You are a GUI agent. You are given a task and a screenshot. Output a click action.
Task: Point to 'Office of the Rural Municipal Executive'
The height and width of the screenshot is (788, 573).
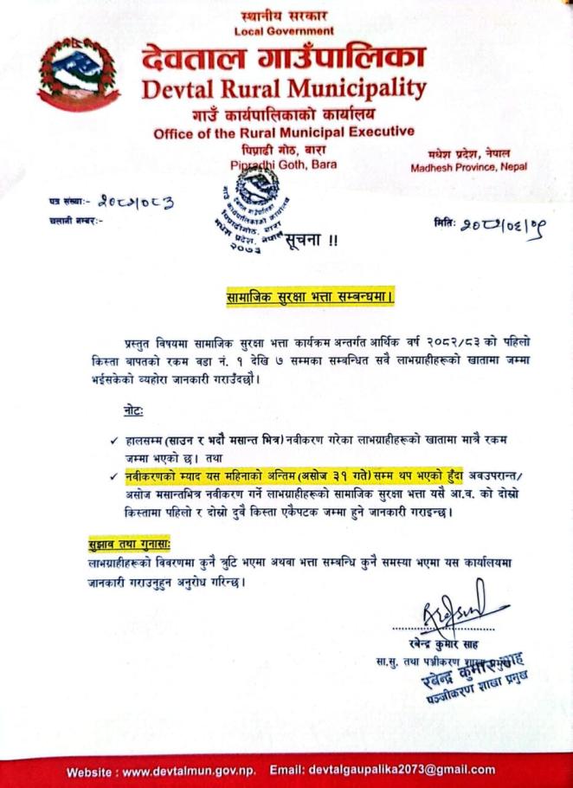tap(284, 132)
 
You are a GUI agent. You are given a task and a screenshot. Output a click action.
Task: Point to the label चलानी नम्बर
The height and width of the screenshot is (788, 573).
tap(76, 221)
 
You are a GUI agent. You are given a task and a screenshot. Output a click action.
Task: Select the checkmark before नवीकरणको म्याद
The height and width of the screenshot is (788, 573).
tap(114, 475)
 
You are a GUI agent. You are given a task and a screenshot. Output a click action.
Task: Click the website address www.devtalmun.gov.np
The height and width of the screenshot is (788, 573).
tap(190, 770)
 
